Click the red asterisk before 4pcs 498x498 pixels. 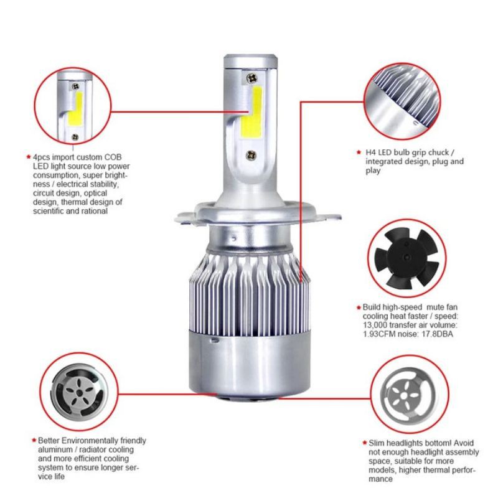[x=27, y=158]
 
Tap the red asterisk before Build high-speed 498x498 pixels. [x=358, y=307]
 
